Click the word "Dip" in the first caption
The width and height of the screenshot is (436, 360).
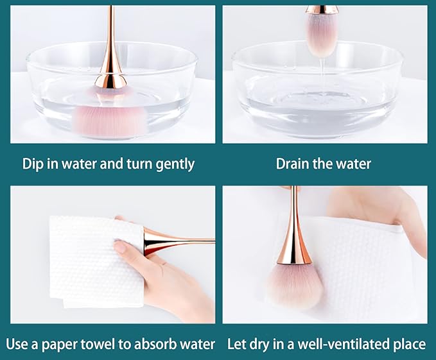click(33, 164)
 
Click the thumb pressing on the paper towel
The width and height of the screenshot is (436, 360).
click(123, 247)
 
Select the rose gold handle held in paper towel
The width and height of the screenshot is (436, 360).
click(177, 242)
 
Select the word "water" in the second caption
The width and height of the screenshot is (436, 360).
click(351, 164)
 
